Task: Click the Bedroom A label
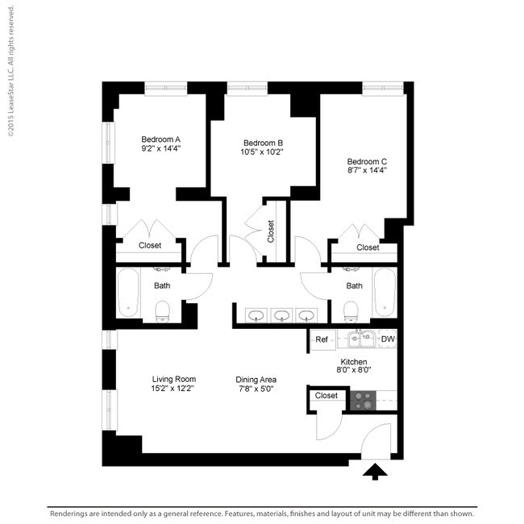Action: click(160, 138)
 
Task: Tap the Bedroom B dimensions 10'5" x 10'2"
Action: click(261, 151)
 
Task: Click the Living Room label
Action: click(174, 379)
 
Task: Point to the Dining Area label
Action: click(256, 379)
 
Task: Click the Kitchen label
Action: click(354, 362)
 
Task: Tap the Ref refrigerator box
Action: click(321, 339)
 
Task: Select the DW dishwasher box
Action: click(388, 339)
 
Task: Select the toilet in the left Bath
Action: click(162, 310)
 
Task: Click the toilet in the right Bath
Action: click(351, 310)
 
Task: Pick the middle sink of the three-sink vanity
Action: click(281, 315)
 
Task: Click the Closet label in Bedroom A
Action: click(150, 245)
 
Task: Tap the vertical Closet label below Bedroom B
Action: click(271, 232)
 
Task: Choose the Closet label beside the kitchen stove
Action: click(326, 396)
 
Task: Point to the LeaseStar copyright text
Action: click(10, 68)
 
